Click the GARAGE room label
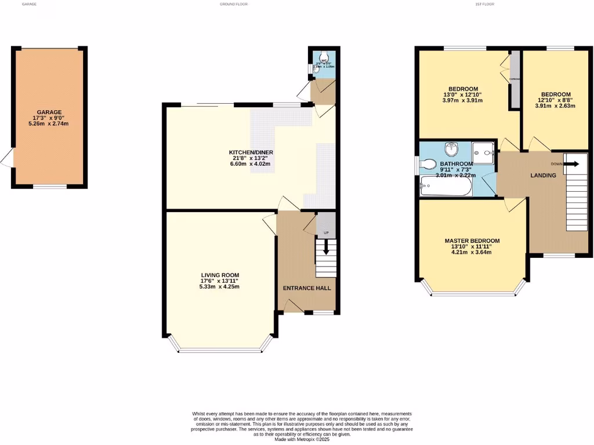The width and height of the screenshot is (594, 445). tap(49, 112)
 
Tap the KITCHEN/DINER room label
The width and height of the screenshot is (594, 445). tap(251, 152)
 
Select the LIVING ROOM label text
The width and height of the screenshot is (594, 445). tap(220, 275)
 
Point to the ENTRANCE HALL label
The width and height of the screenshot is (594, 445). tap(306, 288)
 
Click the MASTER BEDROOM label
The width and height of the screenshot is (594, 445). tap(472, 240)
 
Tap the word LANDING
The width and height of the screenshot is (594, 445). tap(543, 176)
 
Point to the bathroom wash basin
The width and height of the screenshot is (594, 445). tap(451, 149)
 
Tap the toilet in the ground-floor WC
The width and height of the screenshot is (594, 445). tap(323, 58)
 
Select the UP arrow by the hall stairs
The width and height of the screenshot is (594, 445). tap(325, 246)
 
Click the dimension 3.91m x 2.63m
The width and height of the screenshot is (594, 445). tap(555, 106)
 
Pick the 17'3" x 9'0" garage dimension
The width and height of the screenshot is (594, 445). tap(49, 118)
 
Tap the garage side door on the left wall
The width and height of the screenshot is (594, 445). tap(7, 157)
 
